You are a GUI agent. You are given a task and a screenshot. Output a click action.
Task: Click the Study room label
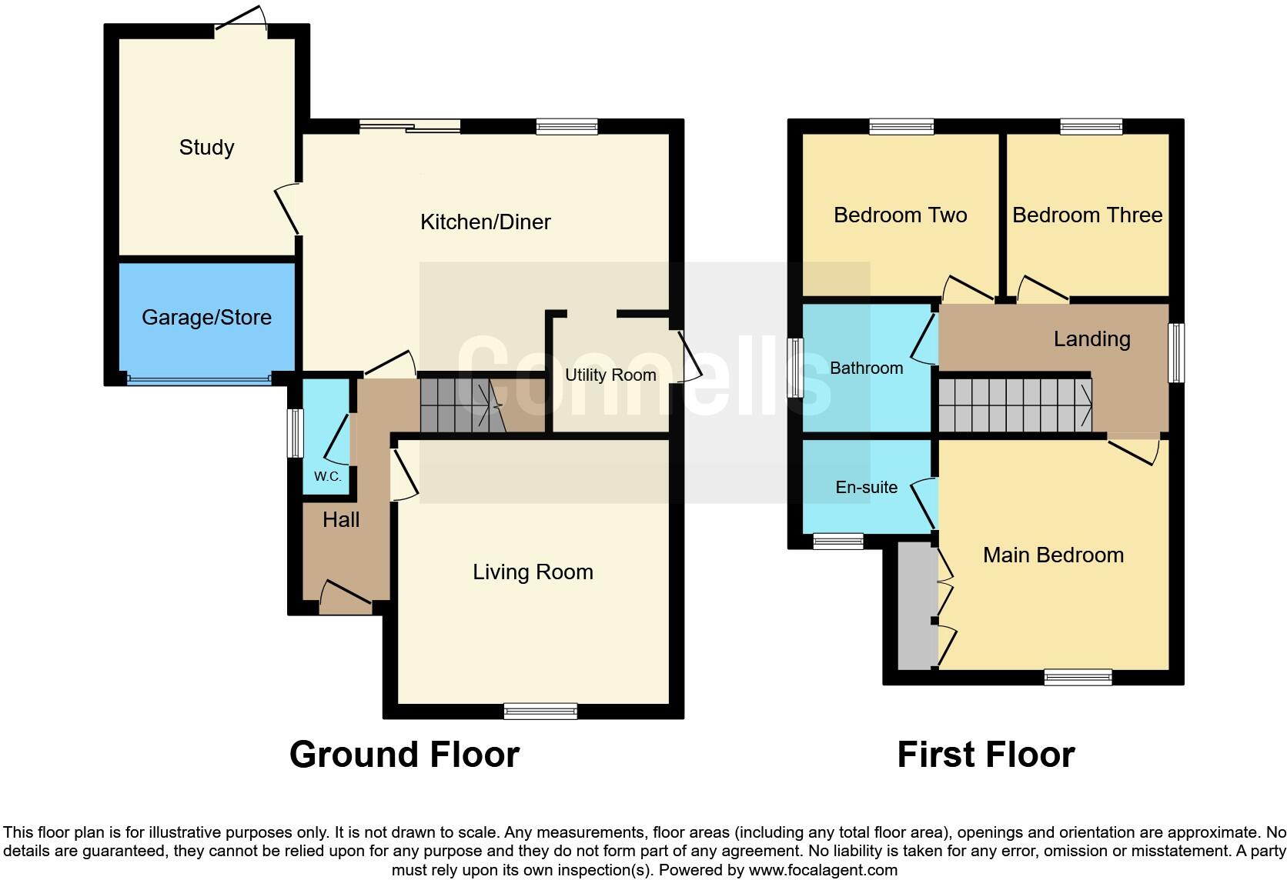206,147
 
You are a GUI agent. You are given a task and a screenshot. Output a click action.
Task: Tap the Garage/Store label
206,317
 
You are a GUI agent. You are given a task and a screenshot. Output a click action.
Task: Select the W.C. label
327,476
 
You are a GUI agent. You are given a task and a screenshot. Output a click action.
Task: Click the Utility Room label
610,375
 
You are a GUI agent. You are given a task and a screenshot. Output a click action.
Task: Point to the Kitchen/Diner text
485,222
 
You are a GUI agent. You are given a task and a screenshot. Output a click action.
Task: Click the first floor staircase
1014,405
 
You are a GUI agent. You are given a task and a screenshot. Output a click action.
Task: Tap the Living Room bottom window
540,712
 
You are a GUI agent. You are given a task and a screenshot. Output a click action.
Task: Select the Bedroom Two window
901,126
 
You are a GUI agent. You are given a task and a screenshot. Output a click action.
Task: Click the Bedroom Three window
1091,126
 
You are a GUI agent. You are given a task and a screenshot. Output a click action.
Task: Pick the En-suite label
866,487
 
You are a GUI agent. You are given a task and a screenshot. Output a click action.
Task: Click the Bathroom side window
795,368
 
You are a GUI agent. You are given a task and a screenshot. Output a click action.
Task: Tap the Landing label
1091,339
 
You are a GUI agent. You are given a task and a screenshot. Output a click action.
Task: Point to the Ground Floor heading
404,755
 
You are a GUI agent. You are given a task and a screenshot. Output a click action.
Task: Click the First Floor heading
985,755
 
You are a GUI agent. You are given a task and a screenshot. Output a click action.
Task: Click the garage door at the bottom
199,378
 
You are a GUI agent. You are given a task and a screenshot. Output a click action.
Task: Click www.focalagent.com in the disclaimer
823,870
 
